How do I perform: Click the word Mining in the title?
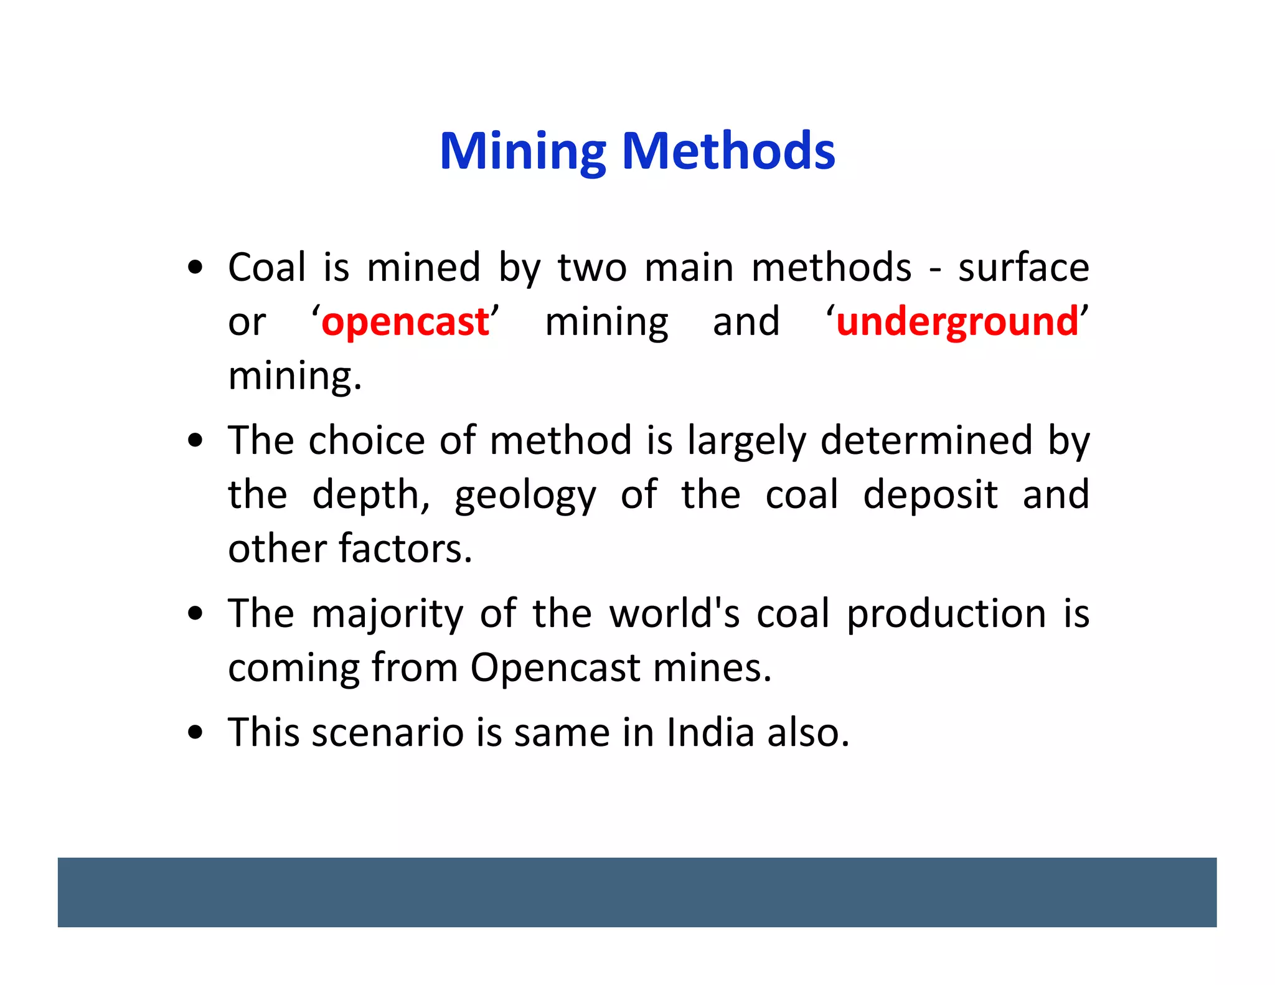point(522,151)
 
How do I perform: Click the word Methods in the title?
point(728,151)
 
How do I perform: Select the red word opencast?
point(405,322)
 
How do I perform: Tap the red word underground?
point(957,322)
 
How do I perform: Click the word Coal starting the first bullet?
point(267,268)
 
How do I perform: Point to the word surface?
point(1023,268)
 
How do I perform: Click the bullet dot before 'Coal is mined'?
point(195,268)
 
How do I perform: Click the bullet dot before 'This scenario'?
point(195,732)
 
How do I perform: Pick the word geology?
point(525,496)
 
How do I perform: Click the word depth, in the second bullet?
point(370,495)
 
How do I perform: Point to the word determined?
point(926,441)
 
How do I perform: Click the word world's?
point(674,613)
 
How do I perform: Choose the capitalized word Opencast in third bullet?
point(555,668)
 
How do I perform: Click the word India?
point(710,732)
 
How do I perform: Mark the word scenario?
point(387,732)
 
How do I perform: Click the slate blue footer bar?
point(637,892)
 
